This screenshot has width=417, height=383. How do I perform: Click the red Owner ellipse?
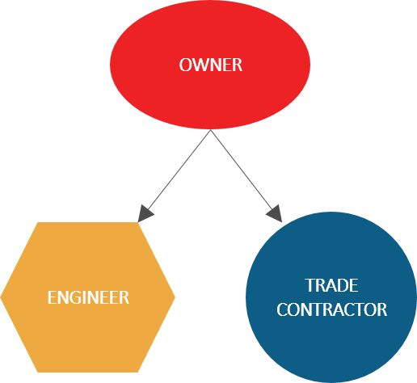pos(210,65)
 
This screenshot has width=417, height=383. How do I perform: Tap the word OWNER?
pos(211,65)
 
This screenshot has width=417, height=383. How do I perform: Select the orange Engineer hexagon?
pos(88,297)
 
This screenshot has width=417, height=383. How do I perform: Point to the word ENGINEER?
pos(88,297)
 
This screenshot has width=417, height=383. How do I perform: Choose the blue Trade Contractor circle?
pos(331,297)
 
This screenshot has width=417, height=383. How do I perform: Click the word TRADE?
pos(331,285)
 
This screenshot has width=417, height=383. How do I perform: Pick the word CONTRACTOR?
pos(331,309)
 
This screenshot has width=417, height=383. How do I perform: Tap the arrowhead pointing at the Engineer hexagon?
pos(145,213)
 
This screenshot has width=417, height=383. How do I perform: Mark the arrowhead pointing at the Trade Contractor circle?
pos(276,213)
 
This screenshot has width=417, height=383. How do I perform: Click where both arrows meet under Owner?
pos(211,130)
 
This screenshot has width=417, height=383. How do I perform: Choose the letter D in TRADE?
pos(340,285)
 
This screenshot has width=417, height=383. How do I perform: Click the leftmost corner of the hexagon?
pos(1,297)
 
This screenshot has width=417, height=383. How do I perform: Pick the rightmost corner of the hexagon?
pos(175,297)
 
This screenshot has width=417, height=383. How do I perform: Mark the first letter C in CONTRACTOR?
pos(282,309)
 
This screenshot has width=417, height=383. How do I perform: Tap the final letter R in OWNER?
pos(238,65)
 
